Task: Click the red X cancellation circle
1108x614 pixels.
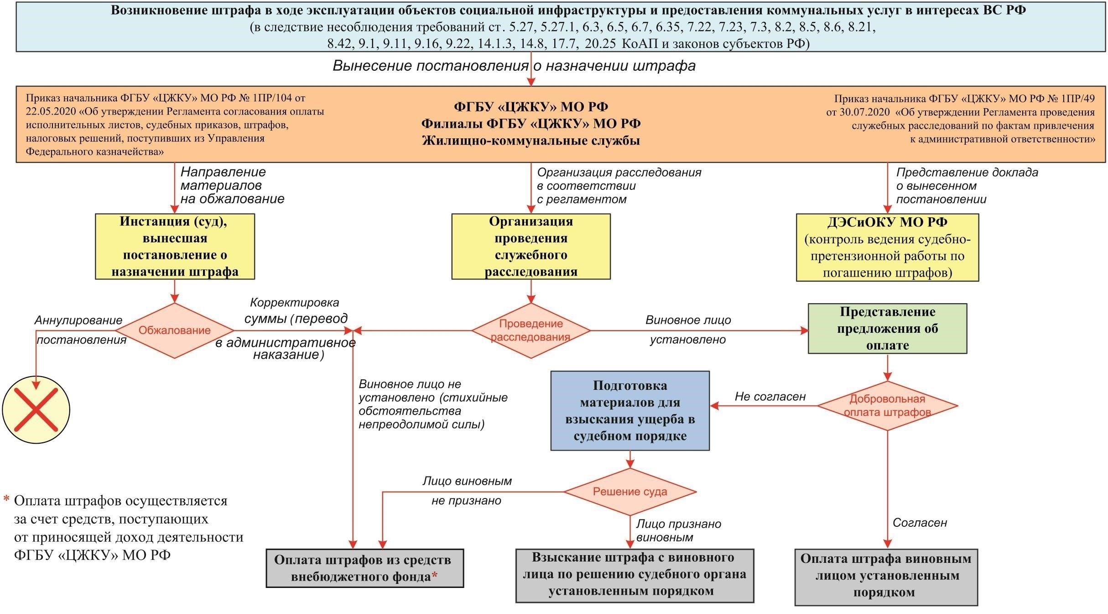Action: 36,409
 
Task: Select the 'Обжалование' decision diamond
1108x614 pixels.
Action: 175,331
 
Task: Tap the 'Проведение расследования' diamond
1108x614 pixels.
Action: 531,331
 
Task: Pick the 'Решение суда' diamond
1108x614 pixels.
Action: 630,492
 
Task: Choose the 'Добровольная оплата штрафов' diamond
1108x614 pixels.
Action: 887,405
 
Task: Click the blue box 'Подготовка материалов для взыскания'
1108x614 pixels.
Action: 630,410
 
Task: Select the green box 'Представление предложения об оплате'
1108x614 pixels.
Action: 887,329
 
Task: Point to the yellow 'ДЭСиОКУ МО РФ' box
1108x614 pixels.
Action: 887,247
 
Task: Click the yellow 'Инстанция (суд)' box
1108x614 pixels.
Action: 175,247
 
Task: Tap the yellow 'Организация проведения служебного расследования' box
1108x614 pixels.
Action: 531,247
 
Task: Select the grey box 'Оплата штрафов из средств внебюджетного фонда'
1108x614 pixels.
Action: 364,568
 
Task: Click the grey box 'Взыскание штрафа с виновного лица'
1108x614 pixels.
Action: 635,575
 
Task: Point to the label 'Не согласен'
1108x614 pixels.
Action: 770,397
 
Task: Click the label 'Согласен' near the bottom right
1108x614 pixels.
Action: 920,523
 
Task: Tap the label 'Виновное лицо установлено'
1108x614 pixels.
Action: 688,330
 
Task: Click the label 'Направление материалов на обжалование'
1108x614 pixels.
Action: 232,185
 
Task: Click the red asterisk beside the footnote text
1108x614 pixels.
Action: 6,499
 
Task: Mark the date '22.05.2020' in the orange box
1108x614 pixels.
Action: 51,111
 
